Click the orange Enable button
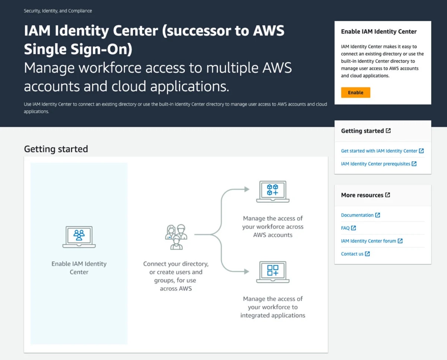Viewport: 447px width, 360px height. click(355, 92)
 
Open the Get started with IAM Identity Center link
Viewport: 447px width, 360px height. click(379, 151)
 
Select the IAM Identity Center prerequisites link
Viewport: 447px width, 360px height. click(375, 164)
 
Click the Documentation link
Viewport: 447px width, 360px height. click(357, 215)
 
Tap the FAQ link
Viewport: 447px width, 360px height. click(345, 228)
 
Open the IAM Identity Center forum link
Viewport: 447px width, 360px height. click(368, 241)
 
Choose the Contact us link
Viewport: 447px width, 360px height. click(352, 254)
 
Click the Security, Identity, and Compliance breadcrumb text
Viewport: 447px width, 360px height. click(58, 11)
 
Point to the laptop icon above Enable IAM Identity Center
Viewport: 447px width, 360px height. click(79, 237)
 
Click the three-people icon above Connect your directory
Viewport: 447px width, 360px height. click(176, 237)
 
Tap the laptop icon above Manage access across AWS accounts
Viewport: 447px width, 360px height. click(273, 192)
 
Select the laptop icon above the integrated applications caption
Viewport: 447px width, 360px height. click(273, 272)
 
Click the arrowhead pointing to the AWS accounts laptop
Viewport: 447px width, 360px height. click(247, 189)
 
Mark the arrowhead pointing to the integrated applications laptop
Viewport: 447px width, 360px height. click(247, 272)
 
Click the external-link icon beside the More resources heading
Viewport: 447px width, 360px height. click(388, 195)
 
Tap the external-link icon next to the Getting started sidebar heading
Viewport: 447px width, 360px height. click(389, 131)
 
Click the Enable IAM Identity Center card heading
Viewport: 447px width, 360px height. click(379, 32)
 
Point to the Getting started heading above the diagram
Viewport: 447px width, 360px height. click(56, 149)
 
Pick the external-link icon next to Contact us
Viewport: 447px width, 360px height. click(368, 254)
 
